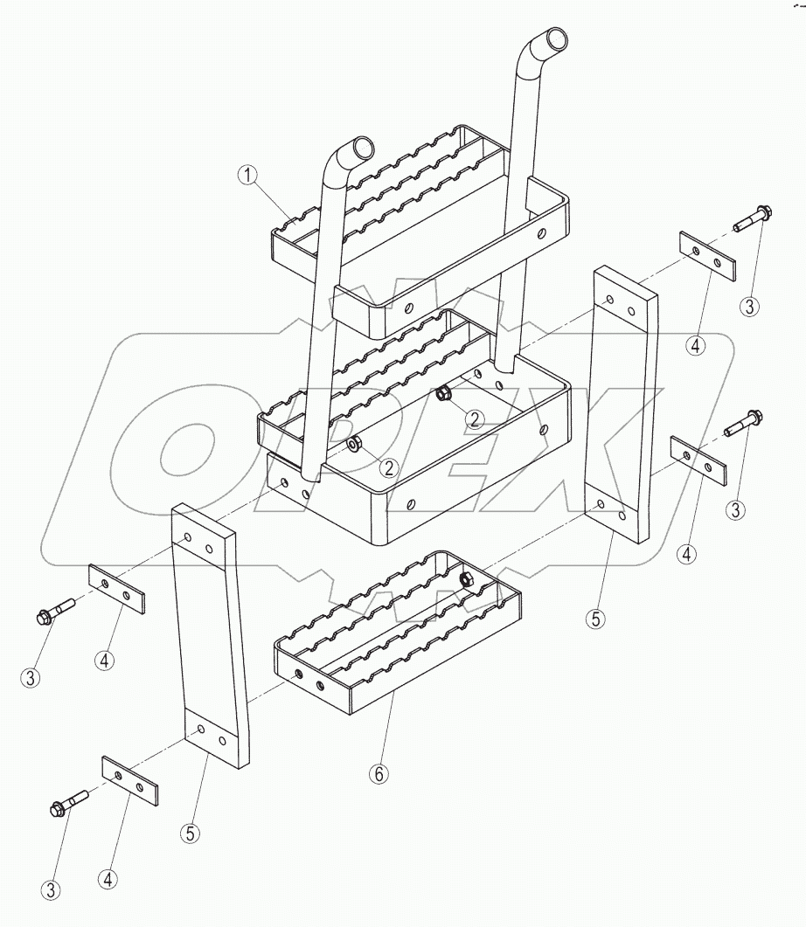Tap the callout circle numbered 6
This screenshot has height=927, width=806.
click(378, 774)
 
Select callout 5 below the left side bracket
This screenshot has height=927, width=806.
click(190, 833)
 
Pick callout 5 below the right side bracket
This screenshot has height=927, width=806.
click(594, 619)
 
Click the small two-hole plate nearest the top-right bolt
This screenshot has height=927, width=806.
click(706, 255)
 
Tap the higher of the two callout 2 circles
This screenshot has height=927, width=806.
click(474, 418)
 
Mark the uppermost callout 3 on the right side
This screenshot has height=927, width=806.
click(749, 307)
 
